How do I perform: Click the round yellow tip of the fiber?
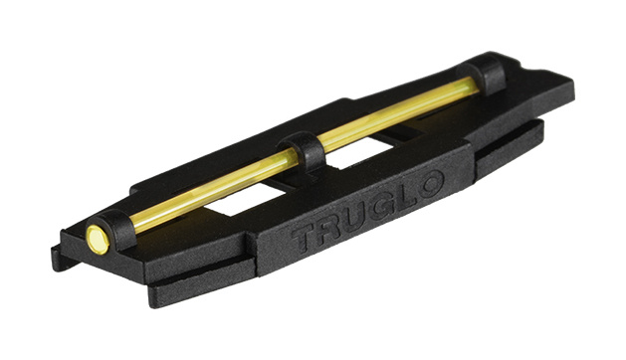pos(98,239)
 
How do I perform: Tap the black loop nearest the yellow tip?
pos(117,230)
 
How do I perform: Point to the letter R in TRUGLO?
pos(329,229)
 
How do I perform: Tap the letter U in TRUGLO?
pos(356,219)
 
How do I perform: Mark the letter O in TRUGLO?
pos(430,184)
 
